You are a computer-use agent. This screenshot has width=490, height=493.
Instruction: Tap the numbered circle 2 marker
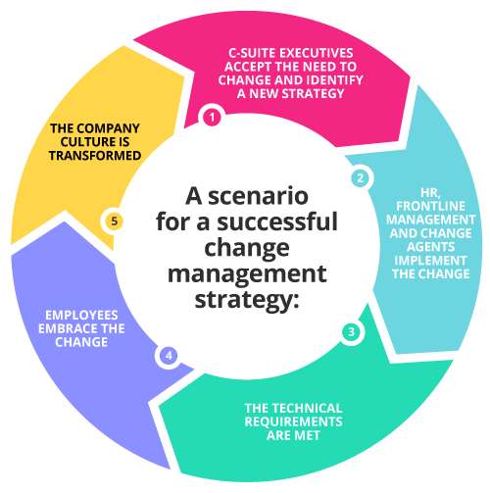tap(360, 178)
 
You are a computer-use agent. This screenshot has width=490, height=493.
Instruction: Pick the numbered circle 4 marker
tap(170, 355)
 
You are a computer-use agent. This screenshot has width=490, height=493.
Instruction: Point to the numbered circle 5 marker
tap(115, 222)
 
